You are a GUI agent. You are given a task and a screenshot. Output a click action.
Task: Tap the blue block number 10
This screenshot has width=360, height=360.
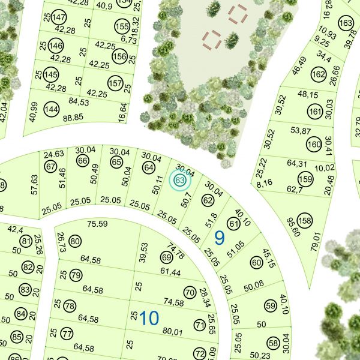coord(149,317)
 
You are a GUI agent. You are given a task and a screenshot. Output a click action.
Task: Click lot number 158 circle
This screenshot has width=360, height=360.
coord(305,221)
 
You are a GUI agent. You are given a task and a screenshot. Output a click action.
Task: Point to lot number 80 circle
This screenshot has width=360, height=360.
coord(75,242)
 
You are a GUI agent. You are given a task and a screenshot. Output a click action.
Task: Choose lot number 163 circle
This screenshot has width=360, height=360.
coord(346,23)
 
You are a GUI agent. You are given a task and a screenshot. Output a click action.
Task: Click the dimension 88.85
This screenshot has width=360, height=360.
coord(73,118)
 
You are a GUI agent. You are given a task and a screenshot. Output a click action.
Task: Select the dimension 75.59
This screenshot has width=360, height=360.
coord(97,224)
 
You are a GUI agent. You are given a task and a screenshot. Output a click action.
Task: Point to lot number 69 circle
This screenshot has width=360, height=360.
coord(167,258)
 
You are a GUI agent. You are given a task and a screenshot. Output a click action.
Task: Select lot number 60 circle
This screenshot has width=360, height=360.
coord(256,262)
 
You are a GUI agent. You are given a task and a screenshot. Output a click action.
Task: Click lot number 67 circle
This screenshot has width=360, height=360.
coord(50,166)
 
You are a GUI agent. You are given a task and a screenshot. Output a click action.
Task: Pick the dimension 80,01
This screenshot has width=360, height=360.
coord(172,331)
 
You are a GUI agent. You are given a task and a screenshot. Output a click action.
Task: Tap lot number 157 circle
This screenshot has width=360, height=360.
coord(115,82)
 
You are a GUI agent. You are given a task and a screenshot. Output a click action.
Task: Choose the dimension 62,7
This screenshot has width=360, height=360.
coord(295,190)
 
